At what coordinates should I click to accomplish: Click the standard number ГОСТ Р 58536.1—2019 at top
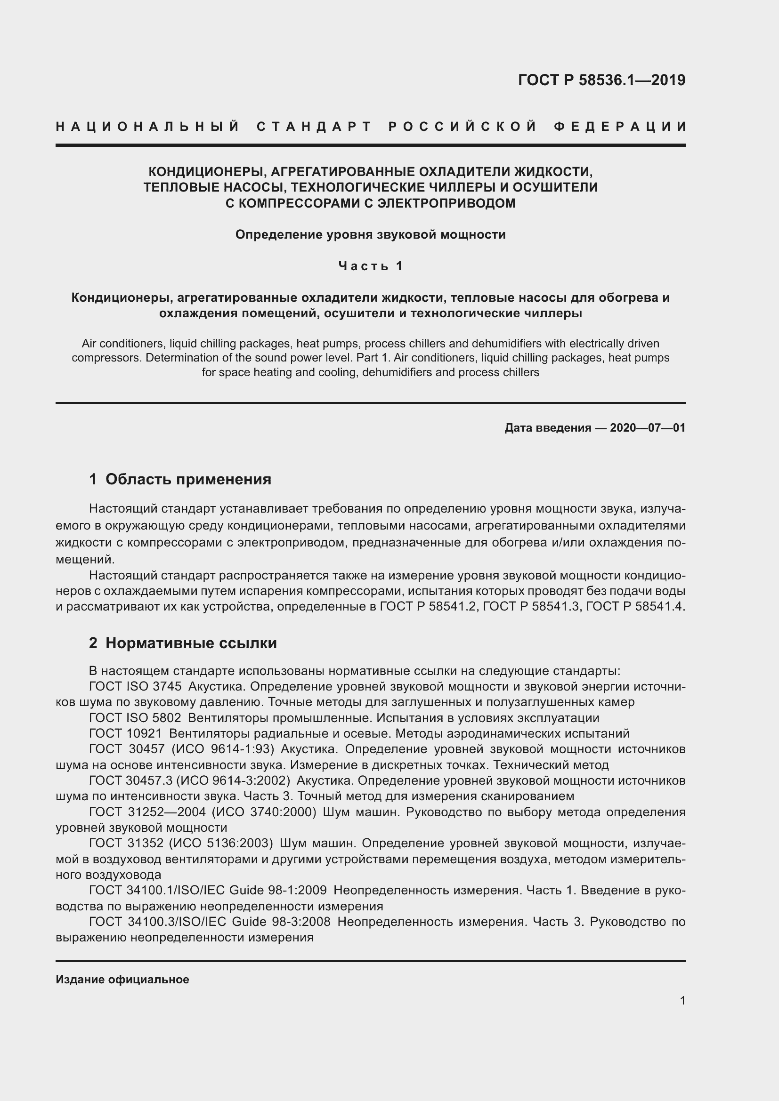coord(601,80)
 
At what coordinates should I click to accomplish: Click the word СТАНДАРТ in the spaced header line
coord(314,127)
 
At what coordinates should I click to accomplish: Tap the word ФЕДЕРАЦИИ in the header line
coord(620,127)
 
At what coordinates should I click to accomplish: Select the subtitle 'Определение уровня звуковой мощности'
coord(370,234)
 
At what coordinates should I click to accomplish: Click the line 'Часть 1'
coord(370,265)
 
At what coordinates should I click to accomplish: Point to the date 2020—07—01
coord(648,428)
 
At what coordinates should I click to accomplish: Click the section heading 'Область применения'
coord(188,479)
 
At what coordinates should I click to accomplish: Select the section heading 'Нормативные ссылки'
coord(191,643)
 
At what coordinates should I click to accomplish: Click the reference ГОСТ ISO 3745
coord(135,686)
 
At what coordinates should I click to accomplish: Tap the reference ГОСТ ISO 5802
coord(135,718)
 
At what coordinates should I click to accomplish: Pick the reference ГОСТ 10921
coord(126,733)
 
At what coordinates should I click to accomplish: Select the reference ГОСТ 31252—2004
coord(147,812)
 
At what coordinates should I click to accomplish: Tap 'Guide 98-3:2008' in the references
coord(281,922)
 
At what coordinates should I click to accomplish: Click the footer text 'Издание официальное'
coord(122,980)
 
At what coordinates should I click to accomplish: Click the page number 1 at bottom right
coord(682,1001)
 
